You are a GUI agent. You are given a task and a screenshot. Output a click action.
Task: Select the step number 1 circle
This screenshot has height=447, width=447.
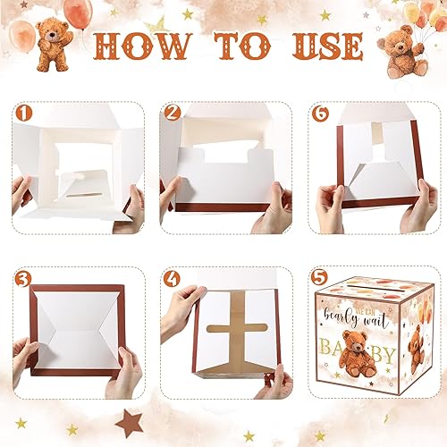pyautogui.click(x=21, y=114)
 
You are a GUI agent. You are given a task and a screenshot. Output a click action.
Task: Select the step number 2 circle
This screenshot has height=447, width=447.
pyautogui.click(x=171, y=114)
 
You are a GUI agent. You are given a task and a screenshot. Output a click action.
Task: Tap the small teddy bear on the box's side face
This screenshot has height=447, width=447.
pyautogui.click(x=416, y=344)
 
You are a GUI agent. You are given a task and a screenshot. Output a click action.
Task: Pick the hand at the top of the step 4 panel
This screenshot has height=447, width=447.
pyautogui.click(x=183, y=304)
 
